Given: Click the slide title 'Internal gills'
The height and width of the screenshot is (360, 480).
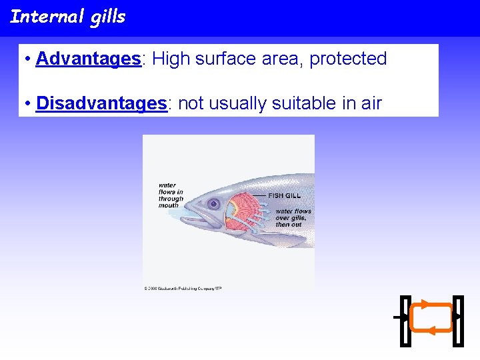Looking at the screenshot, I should [x=67, y=16].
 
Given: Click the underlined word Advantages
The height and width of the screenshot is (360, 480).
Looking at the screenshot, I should [x=88, y=59].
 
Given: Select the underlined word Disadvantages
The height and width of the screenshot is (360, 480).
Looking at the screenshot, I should [x=101, y=103].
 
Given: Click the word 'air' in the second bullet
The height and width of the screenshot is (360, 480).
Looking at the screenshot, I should [x=369, y=103].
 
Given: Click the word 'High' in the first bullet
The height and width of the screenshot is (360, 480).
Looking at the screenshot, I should [x=171, y=59].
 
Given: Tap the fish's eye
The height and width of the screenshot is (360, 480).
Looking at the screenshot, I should [x=213, y=203].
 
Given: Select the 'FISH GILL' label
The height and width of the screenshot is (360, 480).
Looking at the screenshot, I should [x=285, y=195].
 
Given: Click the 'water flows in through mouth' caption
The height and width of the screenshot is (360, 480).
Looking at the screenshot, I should [x=171, y=195].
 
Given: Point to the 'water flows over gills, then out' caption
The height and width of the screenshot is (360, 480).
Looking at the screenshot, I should [x=293, y=218].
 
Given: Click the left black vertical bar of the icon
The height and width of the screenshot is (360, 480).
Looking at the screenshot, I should [x=405, y=321].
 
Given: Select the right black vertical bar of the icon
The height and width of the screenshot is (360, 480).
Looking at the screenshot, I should [x=457, y=321].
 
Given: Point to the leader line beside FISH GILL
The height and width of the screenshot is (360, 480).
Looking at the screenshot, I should [x=259, y=195].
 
